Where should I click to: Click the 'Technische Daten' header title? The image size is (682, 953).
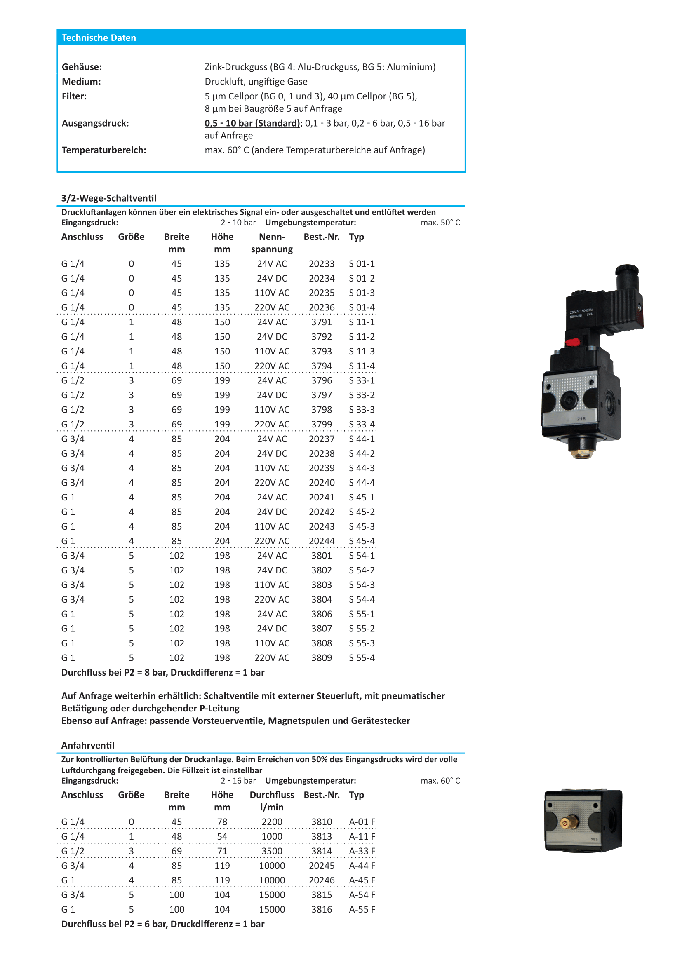click(x=99, y=38)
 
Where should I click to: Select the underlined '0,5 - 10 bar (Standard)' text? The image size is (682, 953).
click(x=252, y=123)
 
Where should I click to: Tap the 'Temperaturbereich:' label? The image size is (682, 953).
click(x=104, y=150)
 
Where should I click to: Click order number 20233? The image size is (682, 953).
click(x=321, y=264)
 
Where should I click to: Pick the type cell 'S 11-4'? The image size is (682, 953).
click(x=362, y=366)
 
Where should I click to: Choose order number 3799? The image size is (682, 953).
click(x=321, y=425)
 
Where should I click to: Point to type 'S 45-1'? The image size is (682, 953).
click(x=362, y=498)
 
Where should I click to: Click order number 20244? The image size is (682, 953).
click(x=321, y=541)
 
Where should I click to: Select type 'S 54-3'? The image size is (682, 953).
click(x=362, y=585)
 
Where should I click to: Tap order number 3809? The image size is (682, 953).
click(x=321, y=658)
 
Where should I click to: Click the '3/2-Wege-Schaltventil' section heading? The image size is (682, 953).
click(x=109, y=198)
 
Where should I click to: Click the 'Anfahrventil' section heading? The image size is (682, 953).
click(x=88, y=745)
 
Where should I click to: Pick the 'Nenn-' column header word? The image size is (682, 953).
click(x=272, y=237)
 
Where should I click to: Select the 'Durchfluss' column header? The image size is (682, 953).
click(x=272, y=795)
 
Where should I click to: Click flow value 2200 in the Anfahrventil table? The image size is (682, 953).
click(x=272, y=822)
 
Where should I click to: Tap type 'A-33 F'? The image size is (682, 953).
click(x=362, y=851)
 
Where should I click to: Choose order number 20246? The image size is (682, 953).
click(x=321, y=880)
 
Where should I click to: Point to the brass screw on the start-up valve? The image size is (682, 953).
click(x=565, y=823)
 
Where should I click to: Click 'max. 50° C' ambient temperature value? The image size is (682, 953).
click(x=440, y=223)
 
